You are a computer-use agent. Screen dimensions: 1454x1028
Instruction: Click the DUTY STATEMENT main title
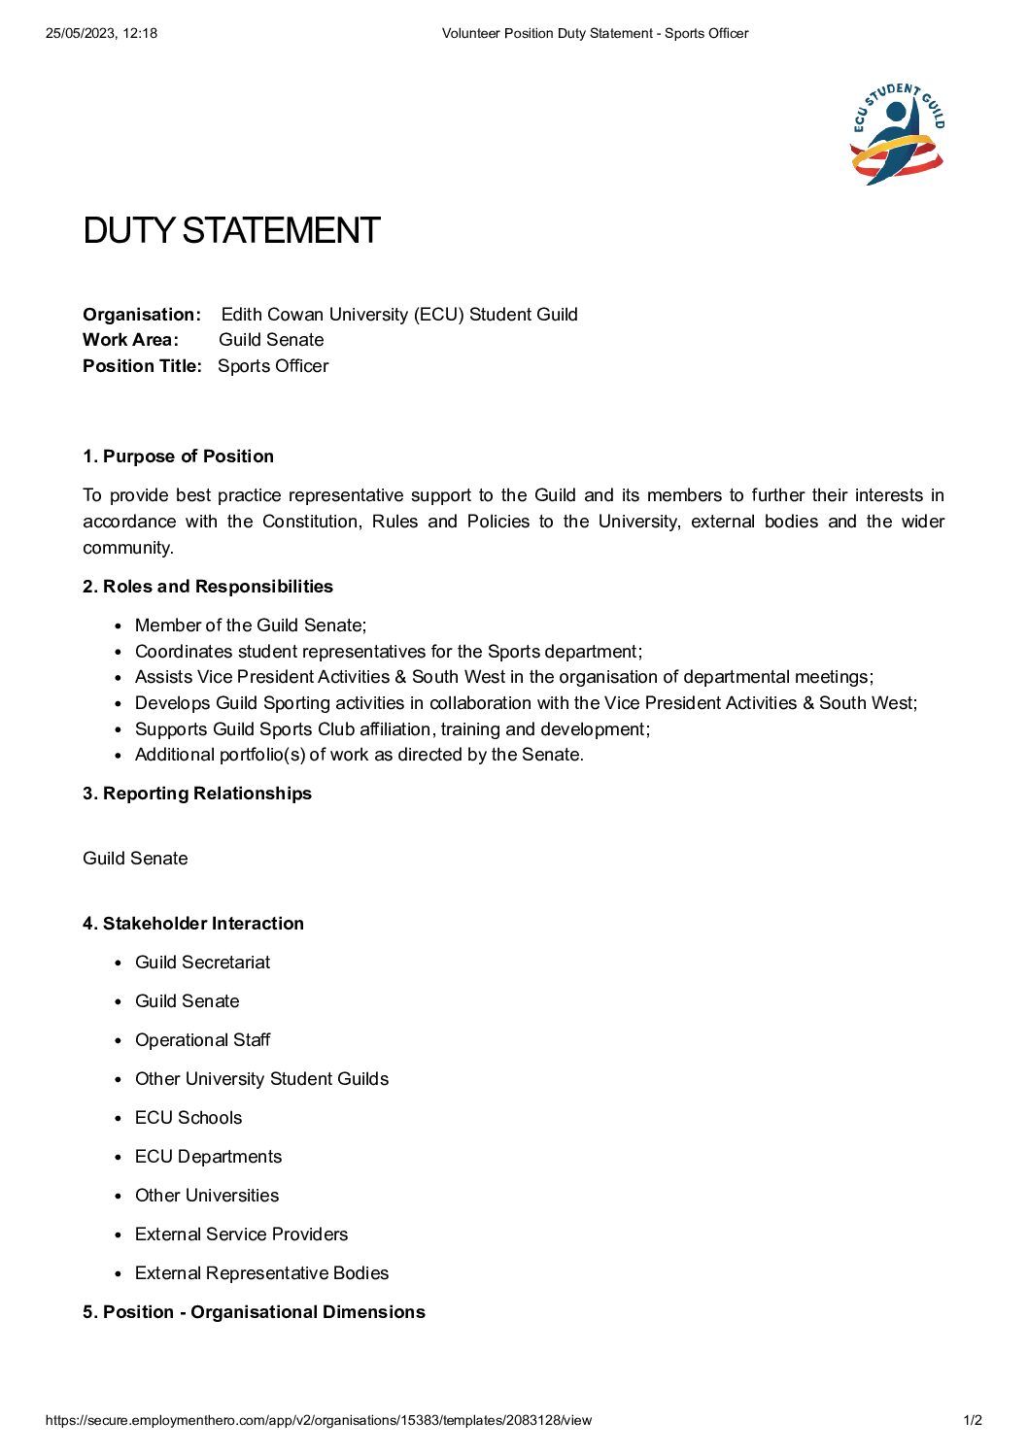coord(231,231)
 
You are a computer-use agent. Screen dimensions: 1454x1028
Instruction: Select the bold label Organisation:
coord(142,315)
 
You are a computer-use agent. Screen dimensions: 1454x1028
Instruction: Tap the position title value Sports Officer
coord(273,366)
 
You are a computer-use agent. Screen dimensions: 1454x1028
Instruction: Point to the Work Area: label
coord(130,340)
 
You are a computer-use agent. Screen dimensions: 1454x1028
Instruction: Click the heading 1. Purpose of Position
coord(178,456)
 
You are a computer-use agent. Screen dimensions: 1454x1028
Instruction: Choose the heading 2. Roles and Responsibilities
coord(208,587)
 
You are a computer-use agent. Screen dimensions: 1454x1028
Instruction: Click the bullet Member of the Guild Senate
coord(251,626)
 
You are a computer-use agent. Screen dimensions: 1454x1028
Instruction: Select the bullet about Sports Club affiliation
coord(393,729)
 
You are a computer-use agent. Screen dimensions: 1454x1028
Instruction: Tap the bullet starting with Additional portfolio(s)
coord(360,755)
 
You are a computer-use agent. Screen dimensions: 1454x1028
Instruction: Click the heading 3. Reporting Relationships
coord(197,794)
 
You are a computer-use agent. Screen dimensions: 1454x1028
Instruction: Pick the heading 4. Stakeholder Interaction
coord(193,924)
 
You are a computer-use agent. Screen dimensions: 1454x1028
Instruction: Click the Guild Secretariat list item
coord(202,963)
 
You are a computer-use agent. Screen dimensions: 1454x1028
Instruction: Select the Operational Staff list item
coord(202,1040)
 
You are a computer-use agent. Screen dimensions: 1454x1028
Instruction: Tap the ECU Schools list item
coord(188,1118)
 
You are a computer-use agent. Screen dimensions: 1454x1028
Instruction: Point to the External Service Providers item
coord(241,1234)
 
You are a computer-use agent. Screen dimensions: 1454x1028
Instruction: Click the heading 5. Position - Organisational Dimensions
coord(254,1312)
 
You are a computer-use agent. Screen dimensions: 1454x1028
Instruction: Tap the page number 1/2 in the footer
coord(973,1420)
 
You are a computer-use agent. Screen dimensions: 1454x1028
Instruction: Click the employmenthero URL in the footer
coord(319,1420)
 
